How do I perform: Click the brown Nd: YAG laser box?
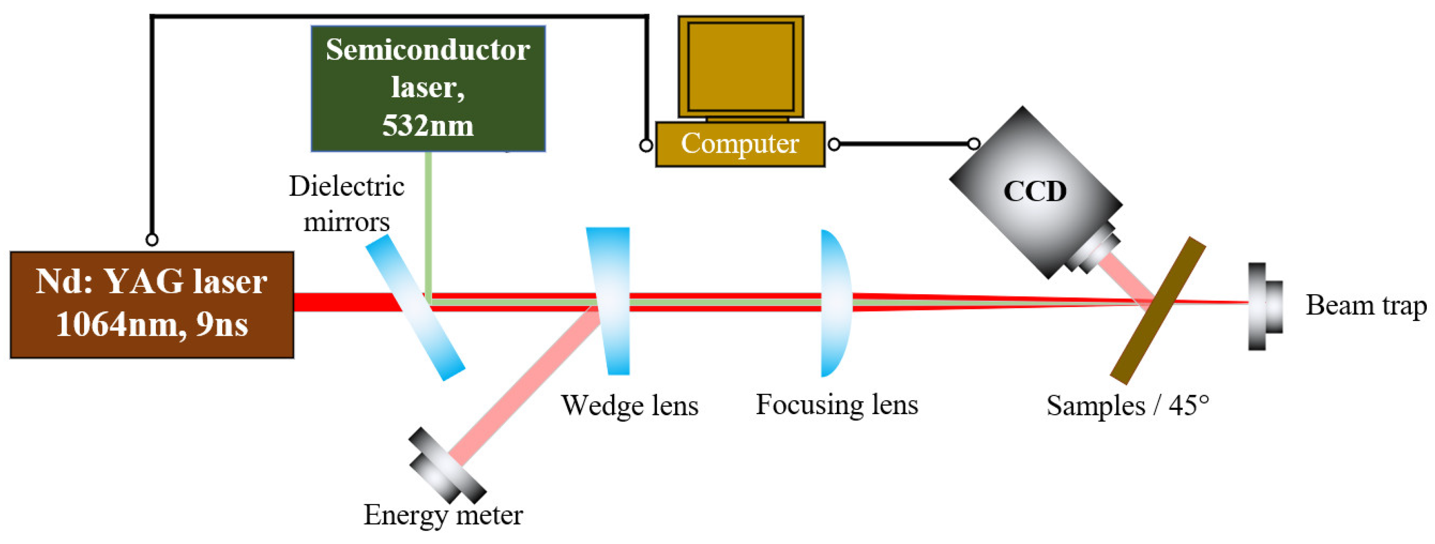[152, 305]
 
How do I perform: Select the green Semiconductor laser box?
[428, 88]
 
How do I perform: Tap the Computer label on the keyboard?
[740, 144]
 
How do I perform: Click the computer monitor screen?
[741, 67]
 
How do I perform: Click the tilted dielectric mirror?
[415, 307]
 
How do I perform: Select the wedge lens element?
[609, 301]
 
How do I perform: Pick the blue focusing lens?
[836, 303]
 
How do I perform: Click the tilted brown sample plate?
[1157, 311]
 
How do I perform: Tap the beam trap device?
[1265, 306]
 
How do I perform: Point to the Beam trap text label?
[1366, 306]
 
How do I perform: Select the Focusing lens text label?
[837, 405]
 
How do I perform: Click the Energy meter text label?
[443, 515]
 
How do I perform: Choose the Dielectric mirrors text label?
[347, 204]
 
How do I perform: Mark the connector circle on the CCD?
[974, 144]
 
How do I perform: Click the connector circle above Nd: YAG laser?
[152, 239]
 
